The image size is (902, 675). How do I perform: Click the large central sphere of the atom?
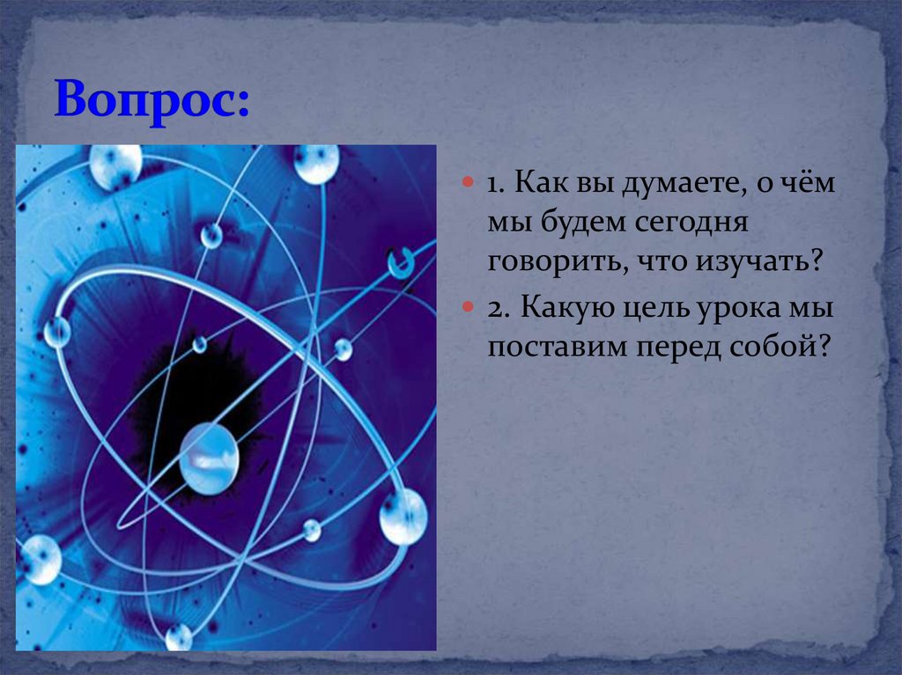(209, 459)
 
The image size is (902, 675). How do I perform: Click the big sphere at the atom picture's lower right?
(403, 517)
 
